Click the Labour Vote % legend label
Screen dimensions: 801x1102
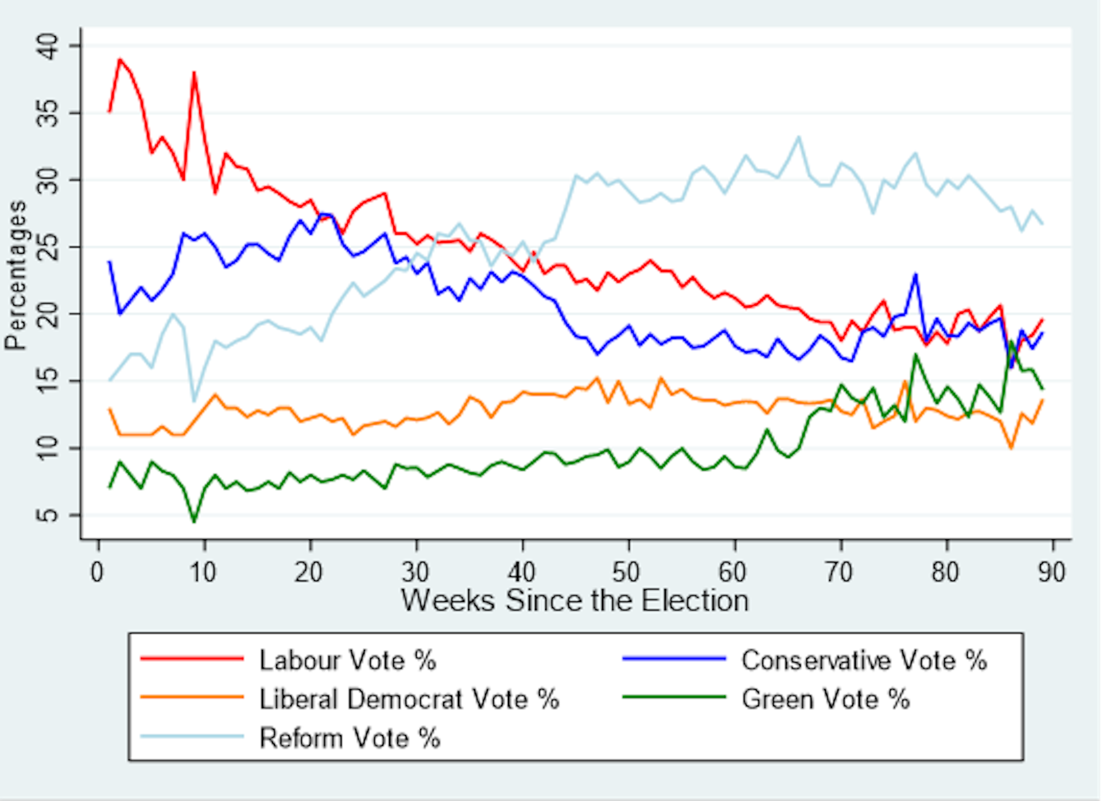348,660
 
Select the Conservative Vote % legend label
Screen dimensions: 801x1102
864,660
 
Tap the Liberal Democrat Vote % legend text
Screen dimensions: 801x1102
409,699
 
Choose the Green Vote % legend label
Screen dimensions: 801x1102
825,699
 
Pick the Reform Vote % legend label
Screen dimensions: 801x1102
350,738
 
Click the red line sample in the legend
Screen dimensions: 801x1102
192,659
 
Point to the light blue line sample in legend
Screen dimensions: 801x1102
192,737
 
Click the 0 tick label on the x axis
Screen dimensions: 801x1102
98,572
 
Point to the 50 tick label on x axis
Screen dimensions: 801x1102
626,572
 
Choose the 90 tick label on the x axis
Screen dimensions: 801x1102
1051,572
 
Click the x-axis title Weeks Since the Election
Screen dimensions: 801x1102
575,601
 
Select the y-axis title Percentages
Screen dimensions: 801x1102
15,275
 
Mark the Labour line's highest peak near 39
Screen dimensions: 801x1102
119,59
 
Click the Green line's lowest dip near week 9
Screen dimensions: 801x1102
194,521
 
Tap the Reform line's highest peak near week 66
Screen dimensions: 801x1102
798,137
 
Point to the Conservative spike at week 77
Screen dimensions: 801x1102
915,274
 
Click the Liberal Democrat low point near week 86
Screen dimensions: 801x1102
1011,448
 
